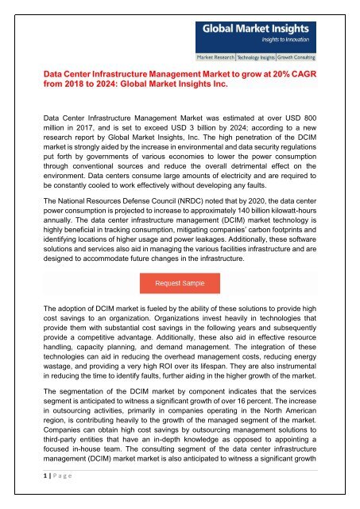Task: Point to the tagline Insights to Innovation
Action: (x=275, y=42)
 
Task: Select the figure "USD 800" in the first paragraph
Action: (x=298, y=115)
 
